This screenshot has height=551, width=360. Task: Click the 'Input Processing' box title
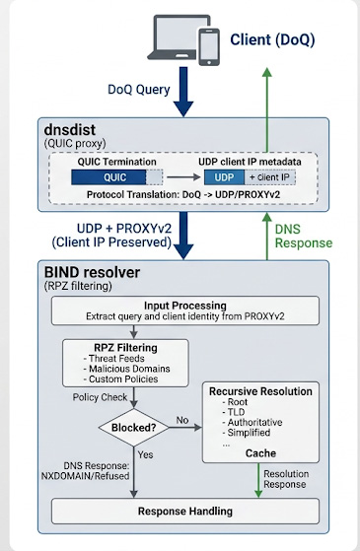[184, 306]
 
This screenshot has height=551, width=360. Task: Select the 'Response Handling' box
[185, 511]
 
